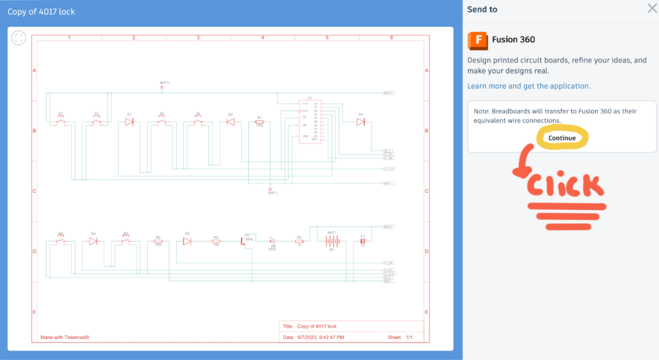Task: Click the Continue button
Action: (562, 138)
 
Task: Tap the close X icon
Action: (652, 8)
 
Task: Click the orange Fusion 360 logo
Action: (477, 40)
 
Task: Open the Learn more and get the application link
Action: (529, 86)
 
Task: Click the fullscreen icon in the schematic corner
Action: (19, 38)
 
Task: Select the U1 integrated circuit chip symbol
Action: (310, 122)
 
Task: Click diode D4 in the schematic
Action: (360, 122)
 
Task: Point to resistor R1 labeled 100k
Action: (259, 122)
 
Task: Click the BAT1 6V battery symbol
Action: (332, 241)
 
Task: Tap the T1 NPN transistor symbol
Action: (243, 241)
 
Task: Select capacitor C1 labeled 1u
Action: (363, 241)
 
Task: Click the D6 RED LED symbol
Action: (272, 241)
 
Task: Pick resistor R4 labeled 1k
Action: (299, 241)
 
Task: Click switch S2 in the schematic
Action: (61, 121)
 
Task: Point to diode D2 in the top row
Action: (230, 122)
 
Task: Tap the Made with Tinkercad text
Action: (65, 337)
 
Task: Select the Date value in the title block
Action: (320, 337)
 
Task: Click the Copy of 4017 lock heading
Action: (41, 12)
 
